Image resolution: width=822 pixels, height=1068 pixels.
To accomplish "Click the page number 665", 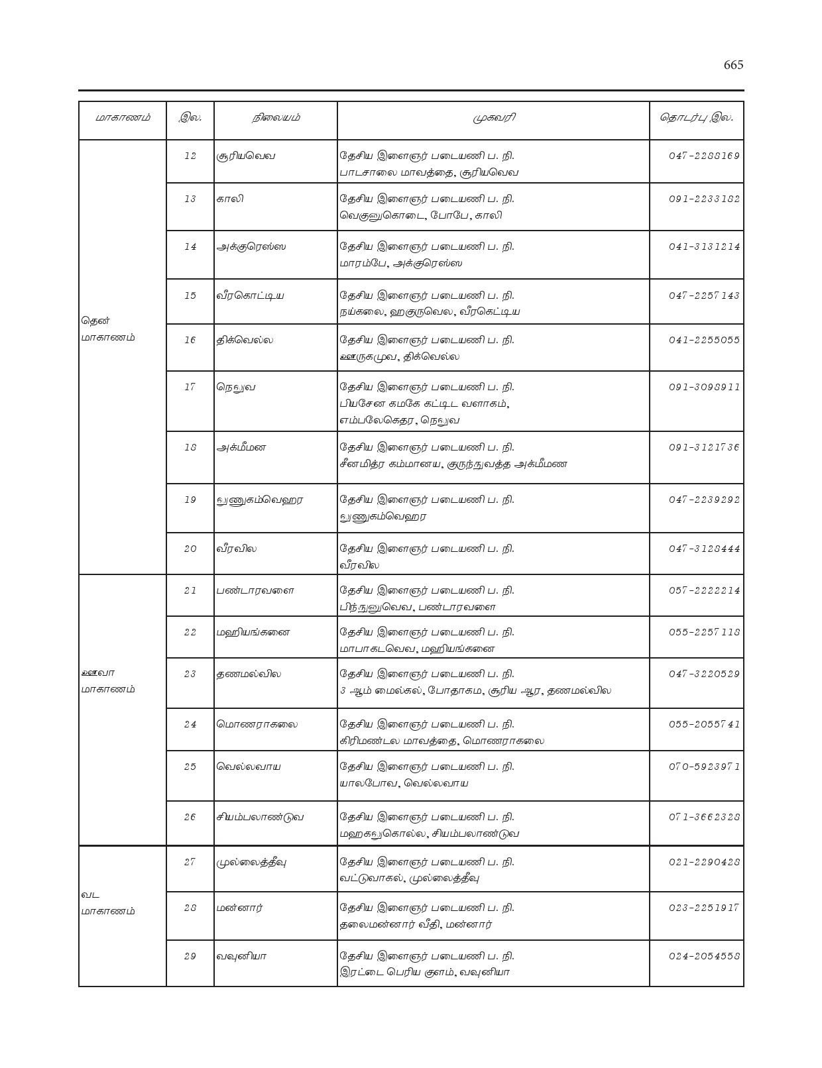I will coord(733,65).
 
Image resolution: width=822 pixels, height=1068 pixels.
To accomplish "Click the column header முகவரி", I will coord(494,118).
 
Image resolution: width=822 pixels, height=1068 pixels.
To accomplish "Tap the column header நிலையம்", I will coord(276,118).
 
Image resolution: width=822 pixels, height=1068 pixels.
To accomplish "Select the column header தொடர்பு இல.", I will coord(696,118).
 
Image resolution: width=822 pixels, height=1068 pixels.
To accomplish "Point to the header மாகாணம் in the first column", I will coord(122,118).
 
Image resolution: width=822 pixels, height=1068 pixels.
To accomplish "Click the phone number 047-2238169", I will coord(704,156).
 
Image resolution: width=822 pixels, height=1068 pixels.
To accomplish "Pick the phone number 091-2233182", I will coord(704,199).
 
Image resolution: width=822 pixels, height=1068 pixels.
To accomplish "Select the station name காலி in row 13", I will coord(230,199).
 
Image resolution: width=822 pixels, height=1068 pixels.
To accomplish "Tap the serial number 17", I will coord(190,387).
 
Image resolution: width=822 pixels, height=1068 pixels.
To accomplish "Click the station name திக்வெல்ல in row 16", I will coord(245,341).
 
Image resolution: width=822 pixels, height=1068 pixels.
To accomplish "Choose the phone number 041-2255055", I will coord(704,341).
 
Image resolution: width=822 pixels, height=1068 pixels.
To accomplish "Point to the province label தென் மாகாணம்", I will coord(107,329).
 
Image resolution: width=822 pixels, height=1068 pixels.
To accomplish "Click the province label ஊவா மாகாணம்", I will coord(107,681).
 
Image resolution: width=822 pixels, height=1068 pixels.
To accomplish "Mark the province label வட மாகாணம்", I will coord(107,903).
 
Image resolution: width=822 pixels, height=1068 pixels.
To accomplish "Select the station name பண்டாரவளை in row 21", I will coord(255,590).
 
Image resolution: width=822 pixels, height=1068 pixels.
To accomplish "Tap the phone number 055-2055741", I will coord(704,724).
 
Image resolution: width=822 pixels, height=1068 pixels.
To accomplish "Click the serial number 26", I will coord(190,817).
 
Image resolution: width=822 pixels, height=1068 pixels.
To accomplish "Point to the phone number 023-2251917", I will coord(704,908).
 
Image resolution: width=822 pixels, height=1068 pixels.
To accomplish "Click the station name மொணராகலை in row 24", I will coord(257,724).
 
